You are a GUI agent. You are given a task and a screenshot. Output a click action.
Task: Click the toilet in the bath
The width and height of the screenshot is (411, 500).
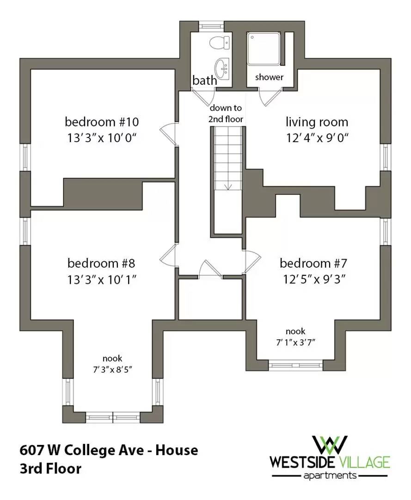(219, 43)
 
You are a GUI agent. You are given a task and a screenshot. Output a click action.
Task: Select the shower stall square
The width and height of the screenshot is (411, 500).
(264, 49)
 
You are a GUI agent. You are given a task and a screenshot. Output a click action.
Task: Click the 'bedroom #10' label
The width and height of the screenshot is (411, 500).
(102, 122)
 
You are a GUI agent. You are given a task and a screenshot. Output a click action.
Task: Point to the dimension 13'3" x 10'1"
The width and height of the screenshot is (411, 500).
(102, 280)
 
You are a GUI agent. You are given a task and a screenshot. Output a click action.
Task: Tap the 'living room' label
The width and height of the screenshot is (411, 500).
(317, 122)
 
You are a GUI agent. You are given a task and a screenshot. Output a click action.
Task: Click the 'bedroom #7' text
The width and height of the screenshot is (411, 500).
(313, 263)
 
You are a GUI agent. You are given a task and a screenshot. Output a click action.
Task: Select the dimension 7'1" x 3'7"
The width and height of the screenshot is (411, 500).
(295, 343)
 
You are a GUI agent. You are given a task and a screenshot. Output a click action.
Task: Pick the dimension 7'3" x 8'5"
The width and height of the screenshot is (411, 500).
(112, 369)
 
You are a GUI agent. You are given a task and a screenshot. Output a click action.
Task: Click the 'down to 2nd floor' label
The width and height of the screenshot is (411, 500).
(226, 113)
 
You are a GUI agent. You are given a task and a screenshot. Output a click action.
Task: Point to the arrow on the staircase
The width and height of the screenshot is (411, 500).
(228, 187)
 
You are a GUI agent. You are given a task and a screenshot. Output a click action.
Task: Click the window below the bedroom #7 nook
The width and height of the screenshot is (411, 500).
(295, 365)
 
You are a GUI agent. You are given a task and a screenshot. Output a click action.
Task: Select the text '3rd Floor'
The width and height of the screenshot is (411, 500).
(50, 469)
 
